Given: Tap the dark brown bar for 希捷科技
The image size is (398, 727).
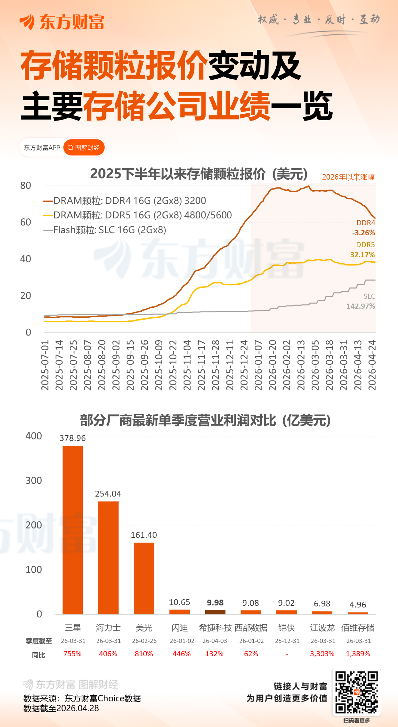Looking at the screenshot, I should [215, 612].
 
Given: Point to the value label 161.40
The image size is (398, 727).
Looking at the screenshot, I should [144, 535].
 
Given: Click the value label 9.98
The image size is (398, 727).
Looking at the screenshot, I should [215, 602].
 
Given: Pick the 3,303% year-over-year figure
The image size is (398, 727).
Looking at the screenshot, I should [322, 654].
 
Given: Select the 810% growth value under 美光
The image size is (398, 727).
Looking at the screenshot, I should [144, 654].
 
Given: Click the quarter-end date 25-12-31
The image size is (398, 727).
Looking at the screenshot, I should [287, 641].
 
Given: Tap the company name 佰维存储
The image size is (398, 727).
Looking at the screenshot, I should [357, 628].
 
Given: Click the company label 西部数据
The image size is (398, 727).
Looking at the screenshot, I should [251, 628].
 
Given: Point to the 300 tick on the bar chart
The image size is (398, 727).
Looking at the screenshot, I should [34, 480].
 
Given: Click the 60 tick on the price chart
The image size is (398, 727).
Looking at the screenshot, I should [26, 222].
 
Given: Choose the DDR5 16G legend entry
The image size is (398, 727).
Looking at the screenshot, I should [137, 215].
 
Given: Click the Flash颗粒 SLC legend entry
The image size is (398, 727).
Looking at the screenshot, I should [105, 230].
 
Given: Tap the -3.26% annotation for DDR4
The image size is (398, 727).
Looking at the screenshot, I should [363, 232].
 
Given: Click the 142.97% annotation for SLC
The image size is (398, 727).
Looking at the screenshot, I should [361, 306].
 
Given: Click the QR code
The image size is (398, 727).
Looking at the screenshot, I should [356, 692].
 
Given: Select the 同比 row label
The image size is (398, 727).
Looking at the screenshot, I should [38, 655].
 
